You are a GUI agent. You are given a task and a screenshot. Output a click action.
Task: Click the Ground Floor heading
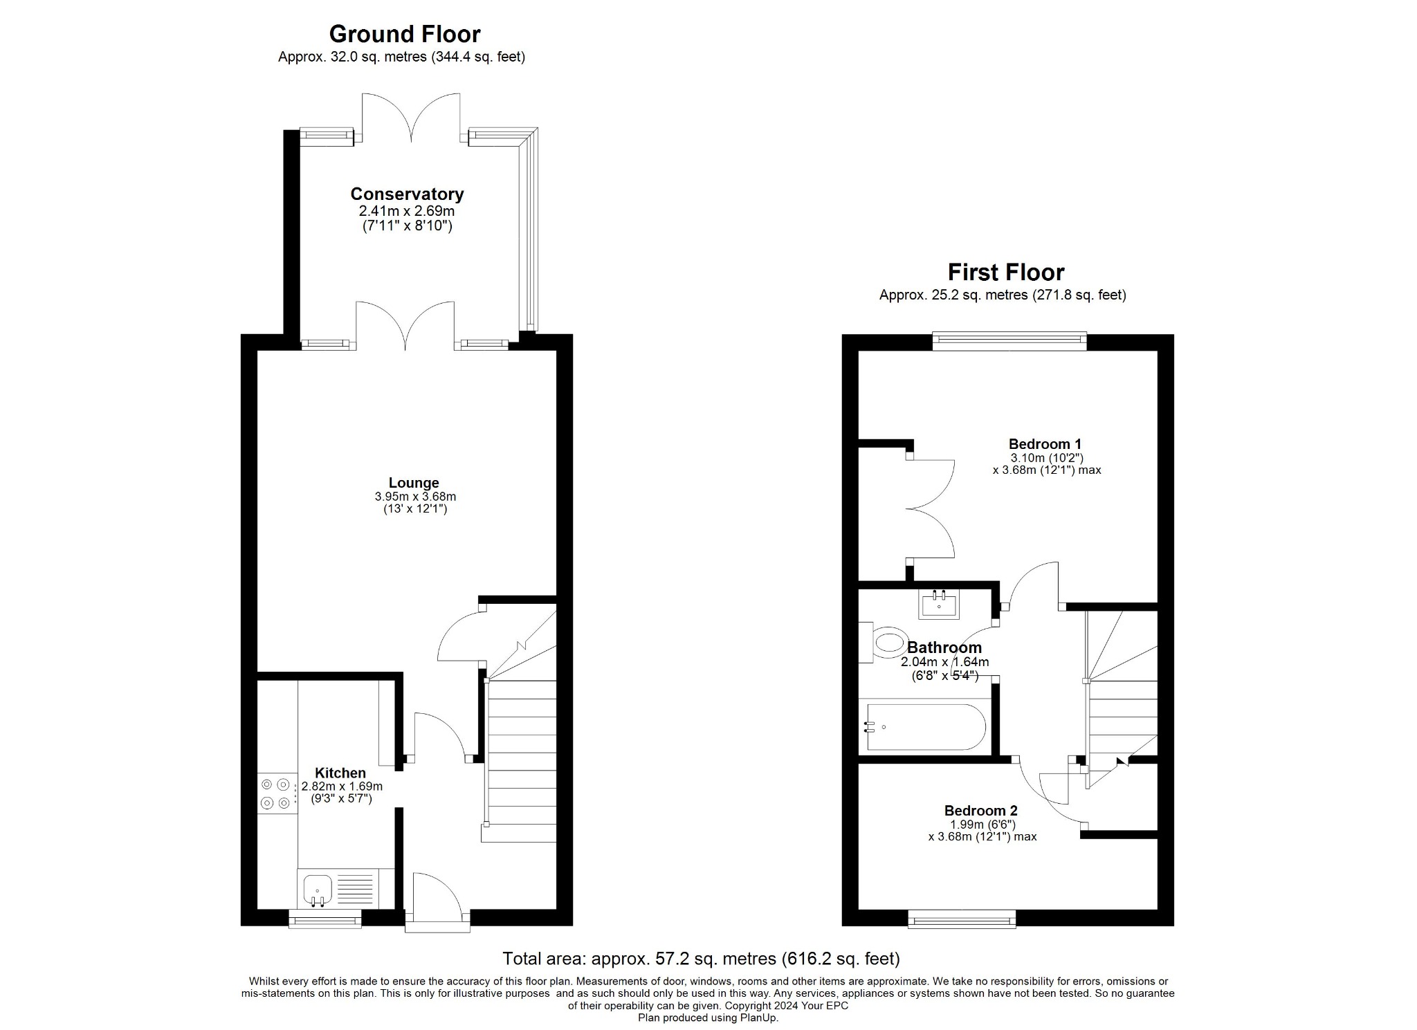404,34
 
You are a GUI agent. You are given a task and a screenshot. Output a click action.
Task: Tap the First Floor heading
1005,272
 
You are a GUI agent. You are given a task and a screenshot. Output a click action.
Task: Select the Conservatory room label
407,194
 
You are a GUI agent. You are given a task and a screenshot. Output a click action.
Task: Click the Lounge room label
414,483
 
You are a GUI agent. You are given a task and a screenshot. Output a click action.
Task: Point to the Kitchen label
340,773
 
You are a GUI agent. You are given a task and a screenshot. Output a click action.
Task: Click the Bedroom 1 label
1045,444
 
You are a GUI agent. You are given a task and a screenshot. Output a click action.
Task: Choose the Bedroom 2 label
980,810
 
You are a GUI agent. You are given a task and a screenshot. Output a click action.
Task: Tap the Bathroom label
944,647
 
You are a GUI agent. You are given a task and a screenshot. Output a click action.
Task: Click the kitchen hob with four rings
275,793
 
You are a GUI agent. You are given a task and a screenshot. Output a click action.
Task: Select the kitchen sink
317,887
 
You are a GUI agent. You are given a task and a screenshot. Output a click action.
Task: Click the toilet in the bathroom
886,643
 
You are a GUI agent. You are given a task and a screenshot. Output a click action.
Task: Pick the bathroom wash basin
939,605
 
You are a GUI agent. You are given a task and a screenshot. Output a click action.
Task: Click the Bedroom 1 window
1009,339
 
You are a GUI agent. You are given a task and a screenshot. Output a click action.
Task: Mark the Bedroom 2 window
962,920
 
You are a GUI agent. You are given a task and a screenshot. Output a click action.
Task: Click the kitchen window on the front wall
325,919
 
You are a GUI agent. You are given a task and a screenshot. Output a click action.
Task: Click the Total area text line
700,959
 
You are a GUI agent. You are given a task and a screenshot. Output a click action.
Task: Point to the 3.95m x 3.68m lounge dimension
415,497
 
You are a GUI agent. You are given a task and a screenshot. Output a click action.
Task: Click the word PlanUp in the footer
758,1018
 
